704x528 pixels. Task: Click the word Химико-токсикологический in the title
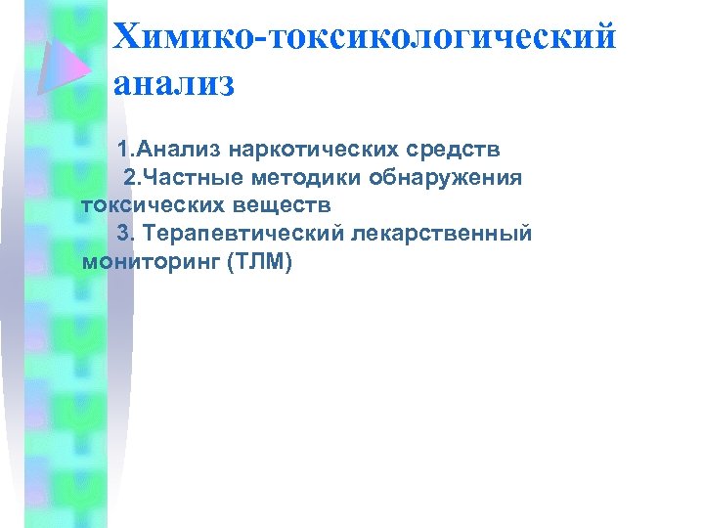pyautogui.click(x=365, y=36)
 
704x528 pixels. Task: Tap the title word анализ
pyautogui.click(x=174, y=84)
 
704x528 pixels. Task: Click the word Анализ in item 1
pyautogui.click(x=176, y=151)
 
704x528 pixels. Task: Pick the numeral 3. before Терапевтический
pyautogui.click(x=124, y=235)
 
